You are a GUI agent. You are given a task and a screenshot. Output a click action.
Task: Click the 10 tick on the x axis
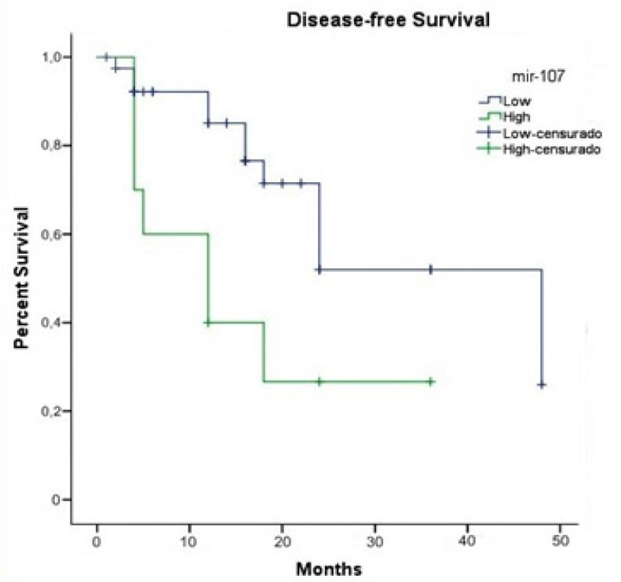click(x=188, y=542)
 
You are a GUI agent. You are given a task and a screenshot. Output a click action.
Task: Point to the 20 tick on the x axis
click(x=282, y=542)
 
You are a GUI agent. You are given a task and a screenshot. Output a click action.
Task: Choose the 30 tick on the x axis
click(x=374, y=542)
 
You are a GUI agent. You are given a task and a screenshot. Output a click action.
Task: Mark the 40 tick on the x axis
click(x=467, y=542)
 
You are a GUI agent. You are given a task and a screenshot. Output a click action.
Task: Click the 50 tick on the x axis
click(x=560, y=542)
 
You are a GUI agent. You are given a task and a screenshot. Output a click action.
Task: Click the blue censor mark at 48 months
click(x=542, y=385)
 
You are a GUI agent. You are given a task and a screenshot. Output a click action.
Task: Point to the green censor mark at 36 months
click(x=430, y=382)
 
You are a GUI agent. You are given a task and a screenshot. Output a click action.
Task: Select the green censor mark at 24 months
click(x=320, y=382)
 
